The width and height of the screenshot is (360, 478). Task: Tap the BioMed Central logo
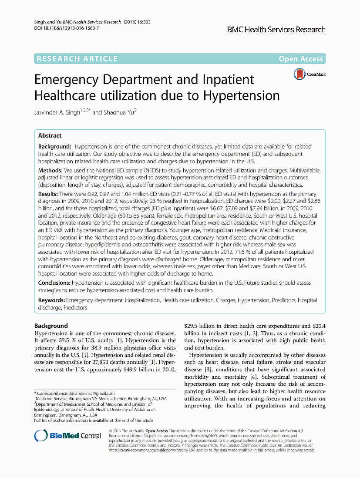[x=67, y=436]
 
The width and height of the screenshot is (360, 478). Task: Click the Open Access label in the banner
[x=301, y=59]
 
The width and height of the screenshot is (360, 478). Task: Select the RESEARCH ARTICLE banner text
[x=77, y=59]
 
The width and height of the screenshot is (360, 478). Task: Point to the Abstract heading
[x=50, y=136]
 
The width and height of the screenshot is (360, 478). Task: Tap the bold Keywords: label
[x=51, y=300]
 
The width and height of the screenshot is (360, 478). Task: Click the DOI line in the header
[x=66, y=28]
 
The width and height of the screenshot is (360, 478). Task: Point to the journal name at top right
[x=276, y=30]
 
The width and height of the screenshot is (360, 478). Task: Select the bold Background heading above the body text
[x=51, y=326]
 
